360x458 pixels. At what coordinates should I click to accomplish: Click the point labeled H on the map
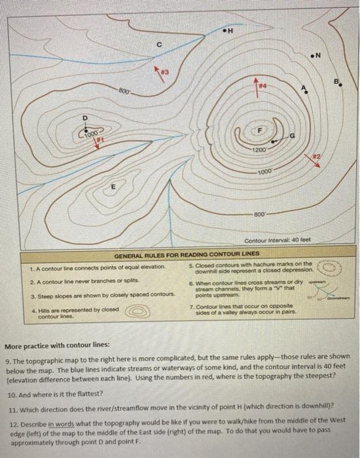[x=228, y=31]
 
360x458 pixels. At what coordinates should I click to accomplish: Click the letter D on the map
[x=84, y=118]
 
